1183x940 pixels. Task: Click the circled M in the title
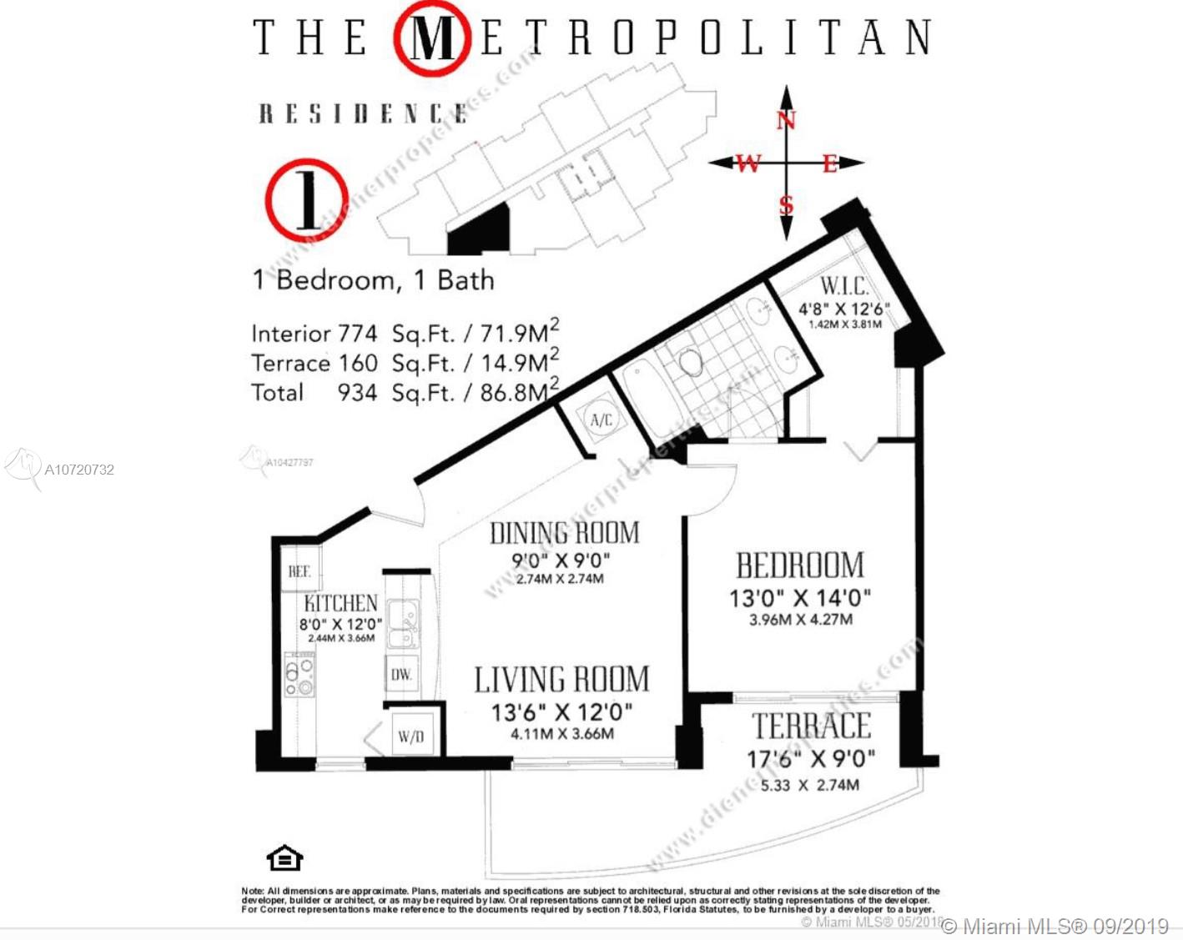pyautogui.click(x=431, y=38)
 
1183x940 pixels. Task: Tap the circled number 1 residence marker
pyautogui.click(x=306, y=200)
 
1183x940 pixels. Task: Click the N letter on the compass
pyautogui.click(x=786, y=121)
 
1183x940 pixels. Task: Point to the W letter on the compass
pyautogui.click(x=748, y=163)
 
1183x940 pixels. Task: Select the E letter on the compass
pyautogui.click(x=829, y=163)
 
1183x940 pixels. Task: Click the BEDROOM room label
pyautogui.click(x=799, y=566)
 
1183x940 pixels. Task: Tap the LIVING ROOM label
pyautogui.click(x=561, y=680)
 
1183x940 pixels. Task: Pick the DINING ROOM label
pyautogui.click(x=564, y=533)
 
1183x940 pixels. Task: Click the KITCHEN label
pyautogui.click(x=340, y=603)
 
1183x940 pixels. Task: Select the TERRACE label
pyautogui.click(x=811, y=726)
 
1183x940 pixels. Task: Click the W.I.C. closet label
pyautogui.click(x=843, y=286)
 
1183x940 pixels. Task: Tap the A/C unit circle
pyautogui.click(x=601, y=420)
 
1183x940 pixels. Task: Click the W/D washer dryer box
pyautogui.click(x=411, y=736)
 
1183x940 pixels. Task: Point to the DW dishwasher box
pyautogui.click(x=401, y=674)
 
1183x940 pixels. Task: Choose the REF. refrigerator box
pyautogui.click(x=300, y=571)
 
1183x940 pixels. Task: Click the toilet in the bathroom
pyautogui.click(x=690, y=361)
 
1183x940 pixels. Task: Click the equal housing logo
pyautogui.click(x=284, y=857)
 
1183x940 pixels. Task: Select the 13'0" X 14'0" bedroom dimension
pyautogui.click(x=799, y=598)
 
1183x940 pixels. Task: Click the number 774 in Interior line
pyautogui.click(x=357, y=334)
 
